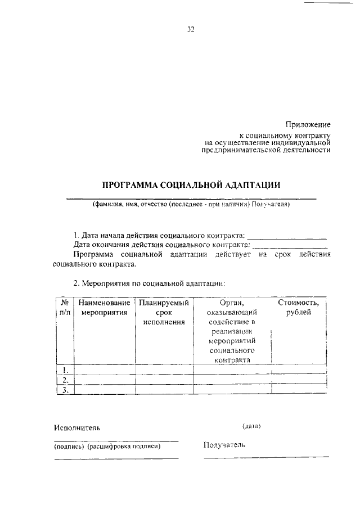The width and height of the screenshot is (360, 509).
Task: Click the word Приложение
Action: tap(308, 124)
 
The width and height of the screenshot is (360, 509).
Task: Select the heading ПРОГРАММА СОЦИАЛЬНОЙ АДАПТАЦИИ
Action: tap(191, 185)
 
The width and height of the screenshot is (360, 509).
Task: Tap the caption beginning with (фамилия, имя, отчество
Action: tap(191, 205)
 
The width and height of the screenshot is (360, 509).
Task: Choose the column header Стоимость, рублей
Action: tap(299, 308)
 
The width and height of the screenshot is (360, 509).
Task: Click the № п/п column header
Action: tap(65, 308)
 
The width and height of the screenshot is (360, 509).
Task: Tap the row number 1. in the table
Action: tap(65, 370)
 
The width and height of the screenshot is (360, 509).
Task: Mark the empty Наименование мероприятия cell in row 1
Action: tap(105, 370)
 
